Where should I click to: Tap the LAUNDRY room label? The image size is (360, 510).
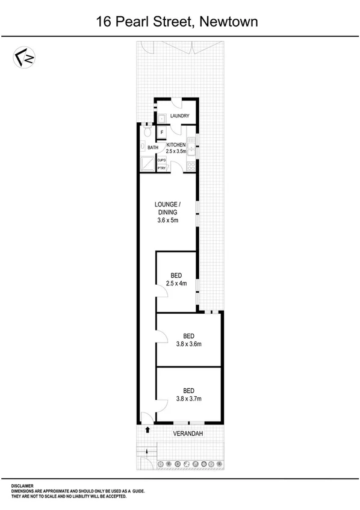179,116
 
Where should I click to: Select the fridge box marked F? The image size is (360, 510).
161,132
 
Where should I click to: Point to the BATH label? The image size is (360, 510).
153,147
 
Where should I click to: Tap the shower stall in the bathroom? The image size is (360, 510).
147,163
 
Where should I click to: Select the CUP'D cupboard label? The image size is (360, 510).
161,160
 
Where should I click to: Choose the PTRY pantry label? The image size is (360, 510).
161,169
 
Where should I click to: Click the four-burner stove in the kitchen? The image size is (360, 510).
191,166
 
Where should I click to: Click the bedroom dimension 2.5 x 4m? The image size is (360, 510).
177,284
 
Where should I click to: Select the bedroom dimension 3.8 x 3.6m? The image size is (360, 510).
188,344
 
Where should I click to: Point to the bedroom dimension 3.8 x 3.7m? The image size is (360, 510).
188,399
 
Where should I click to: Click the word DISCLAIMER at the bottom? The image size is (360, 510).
23,485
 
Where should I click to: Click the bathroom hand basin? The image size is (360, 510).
141,146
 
